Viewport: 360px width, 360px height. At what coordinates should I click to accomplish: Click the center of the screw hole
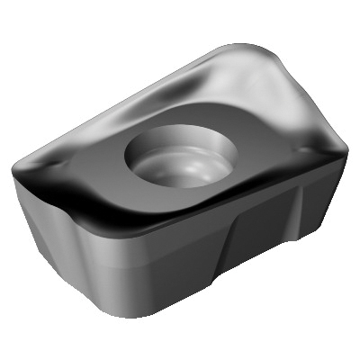[x=177, y=156]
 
